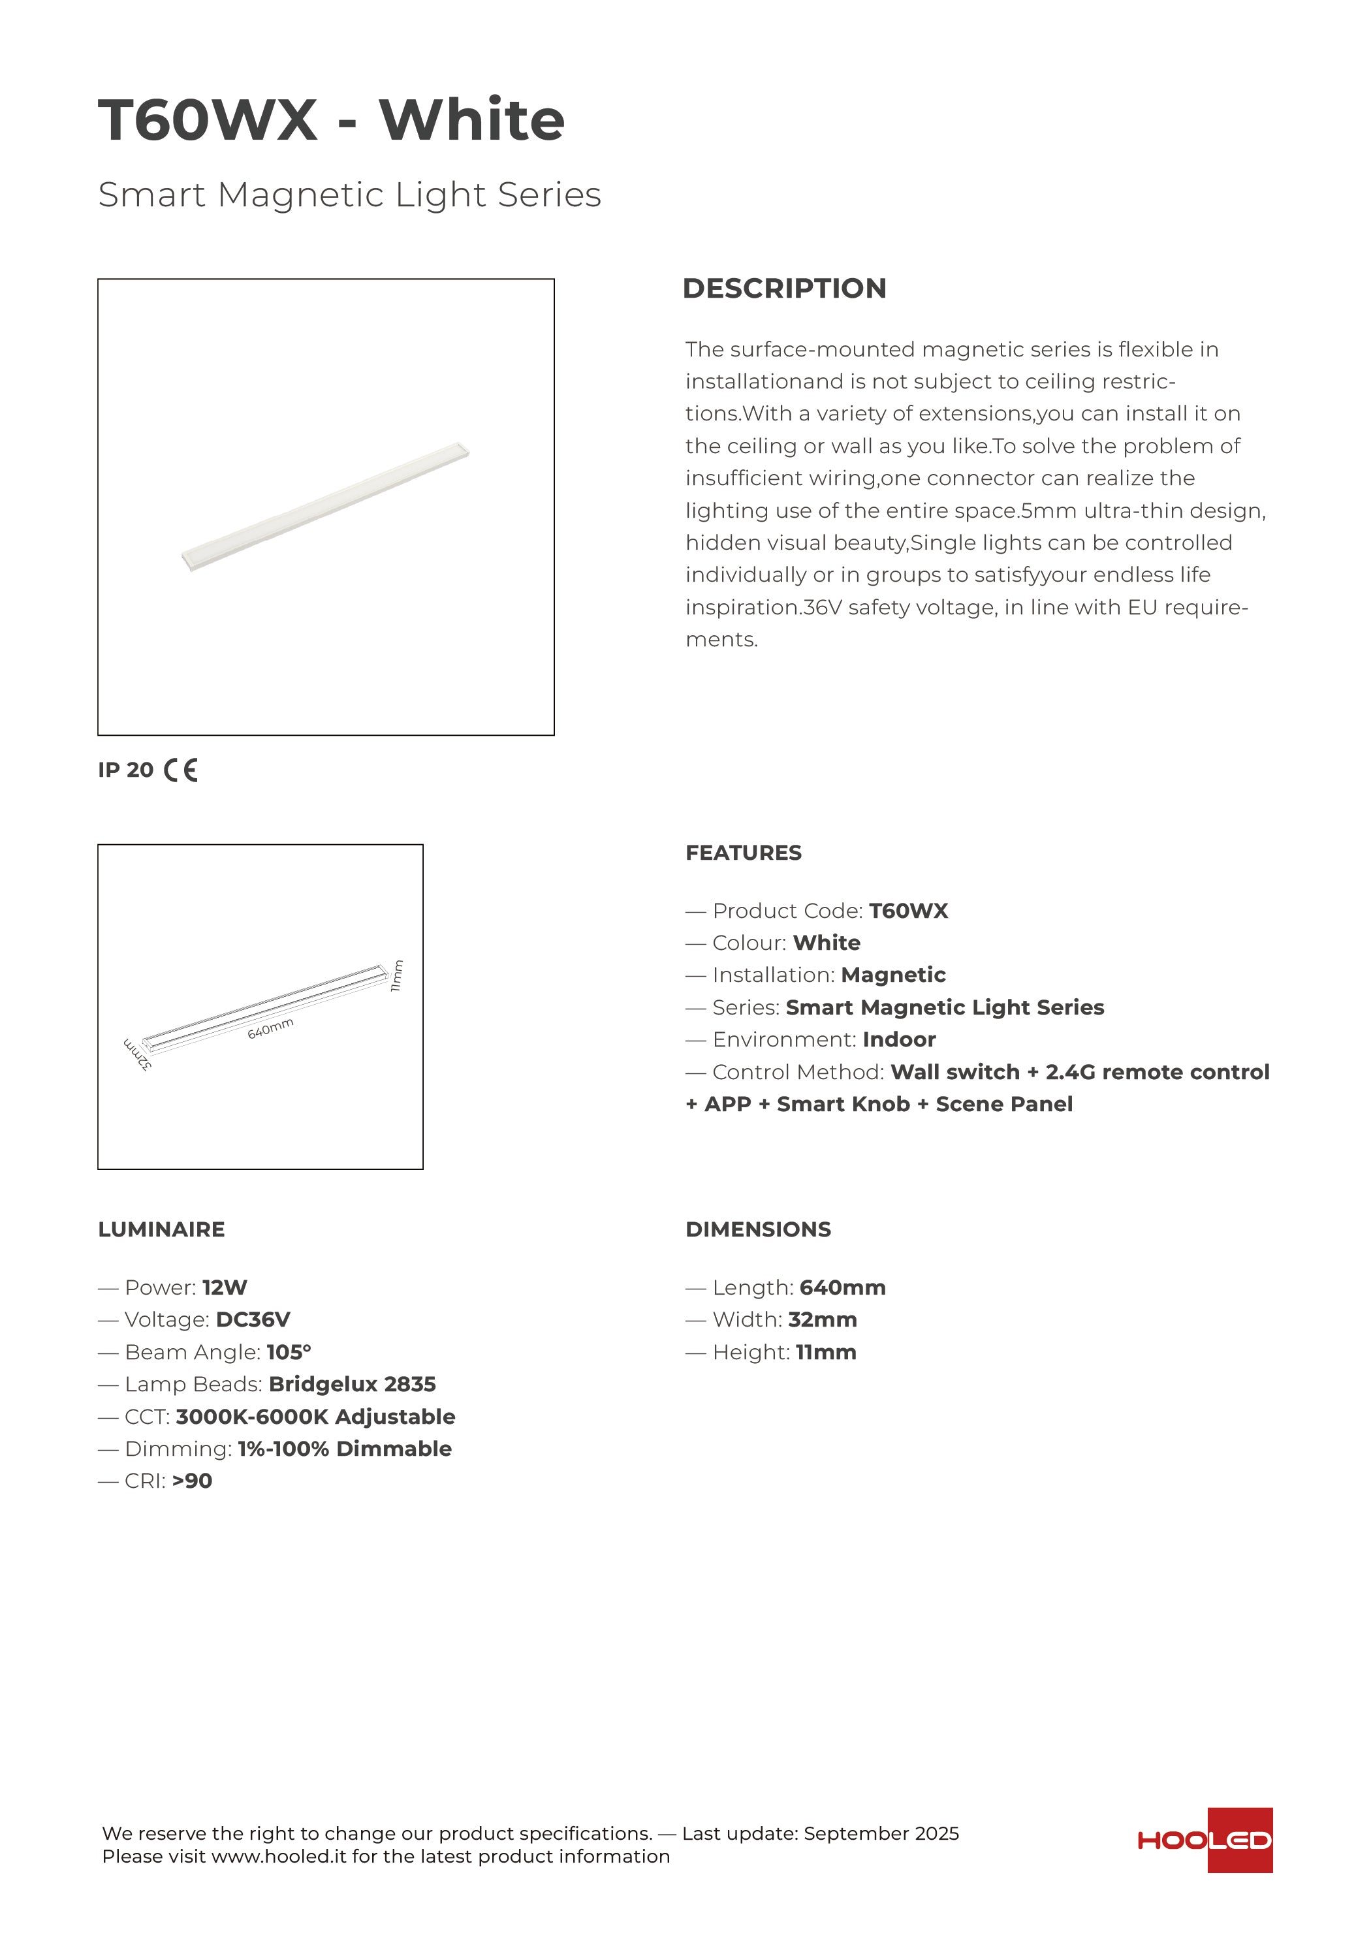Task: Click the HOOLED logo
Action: point(1205,1840)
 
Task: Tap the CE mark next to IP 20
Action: point(181,770)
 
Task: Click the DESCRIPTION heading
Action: point(784,289)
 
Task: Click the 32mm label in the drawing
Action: point(138,1055)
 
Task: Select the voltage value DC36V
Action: point(253,1319)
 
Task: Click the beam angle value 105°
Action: point(289,1352)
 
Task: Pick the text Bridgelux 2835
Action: point(353,1384)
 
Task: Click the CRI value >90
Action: point(192,1481)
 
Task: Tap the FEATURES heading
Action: point(744,853)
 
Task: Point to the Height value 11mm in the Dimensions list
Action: point(825,1352)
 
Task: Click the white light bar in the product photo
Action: point(325,507)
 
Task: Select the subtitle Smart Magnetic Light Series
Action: point(350,195)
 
